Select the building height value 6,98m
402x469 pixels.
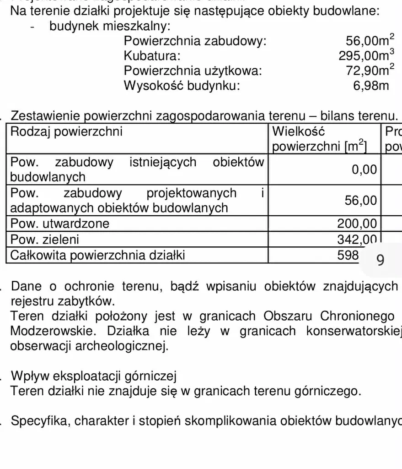(371, 86)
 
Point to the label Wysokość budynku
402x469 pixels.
(182, 86)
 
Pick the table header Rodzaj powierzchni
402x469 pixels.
(66, 132)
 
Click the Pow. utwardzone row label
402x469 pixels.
(60, 224)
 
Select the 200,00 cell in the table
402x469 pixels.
(357, 224)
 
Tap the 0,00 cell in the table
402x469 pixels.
(364, 170)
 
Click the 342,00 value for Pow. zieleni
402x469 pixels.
(357, 239)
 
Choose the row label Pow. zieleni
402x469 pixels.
(44, 239)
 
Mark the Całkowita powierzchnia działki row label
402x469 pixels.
(97, 255)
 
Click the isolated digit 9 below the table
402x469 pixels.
(380, 260)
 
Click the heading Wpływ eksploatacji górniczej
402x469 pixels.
(93, 376)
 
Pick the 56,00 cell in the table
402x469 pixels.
(360, 200)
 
